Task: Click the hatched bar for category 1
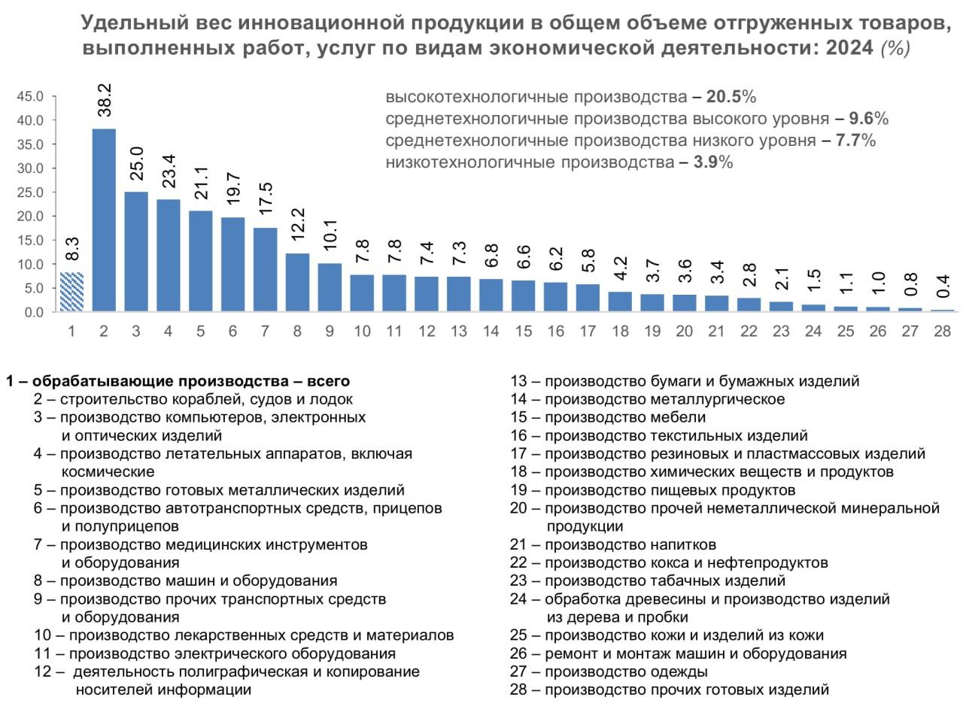[x=71, y=292]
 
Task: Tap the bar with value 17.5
[x=265, y=269]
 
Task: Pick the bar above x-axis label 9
[x=330, y=287]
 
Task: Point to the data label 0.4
[x=942, y=287]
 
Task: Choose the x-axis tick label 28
[x=942, y=330]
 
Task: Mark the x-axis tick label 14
[x=491, y=330]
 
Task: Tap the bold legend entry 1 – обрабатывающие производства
[x=178, y=381]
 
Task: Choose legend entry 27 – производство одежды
[x=609, y=671]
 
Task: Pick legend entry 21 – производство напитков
[x=613, y=544]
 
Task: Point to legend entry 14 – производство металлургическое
[x=647, y=399]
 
